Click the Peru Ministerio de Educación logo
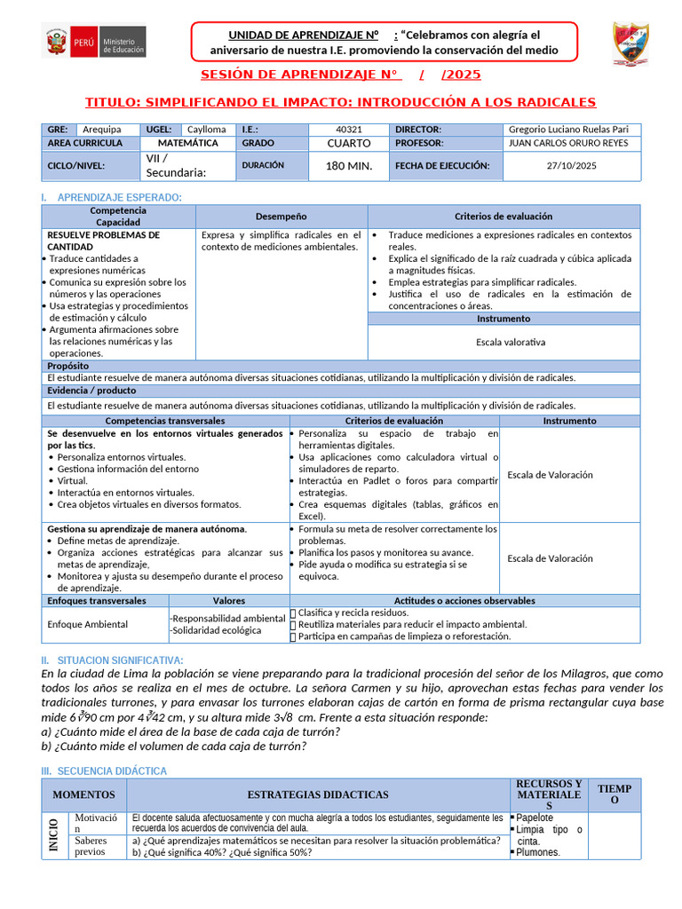pyautogui.click(x=94, y=42)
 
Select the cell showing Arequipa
pyautogui.click(x=103, y=130)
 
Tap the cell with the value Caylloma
pyautogui.click(x=206, y=130)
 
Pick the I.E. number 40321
pyautogui.click(x=348, y=130)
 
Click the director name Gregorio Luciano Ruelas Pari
pyautogui.click(x=567, y=130)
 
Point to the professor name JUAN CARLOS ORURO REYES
pyautogui.click(x=567, y=143)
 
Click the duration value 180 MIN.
pyautogui.click(x=348, y=165)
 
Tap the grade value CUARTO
pyautogui.click(x=348, y=143)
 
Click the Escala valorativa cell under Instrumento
pyautogui.click(x=511, y=342)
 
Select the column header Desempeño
pyautogui.click(x=282, y=216)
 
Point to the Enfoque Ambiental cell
pyautogui.click(x=87, y=624)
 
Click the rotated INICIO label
pyautogui.click(x=54, y=836)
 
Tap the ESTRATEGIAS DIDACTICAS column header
pyautogui.click(x=317, y=794)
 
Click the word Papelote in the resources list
pyautogui.click(x=535, y=818)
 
